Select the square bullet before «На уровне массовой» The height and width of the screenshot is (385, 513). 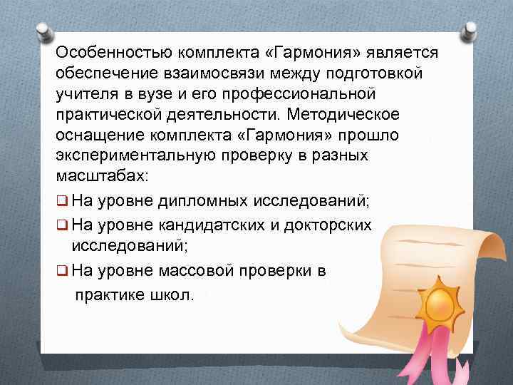tap(61, 271)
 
